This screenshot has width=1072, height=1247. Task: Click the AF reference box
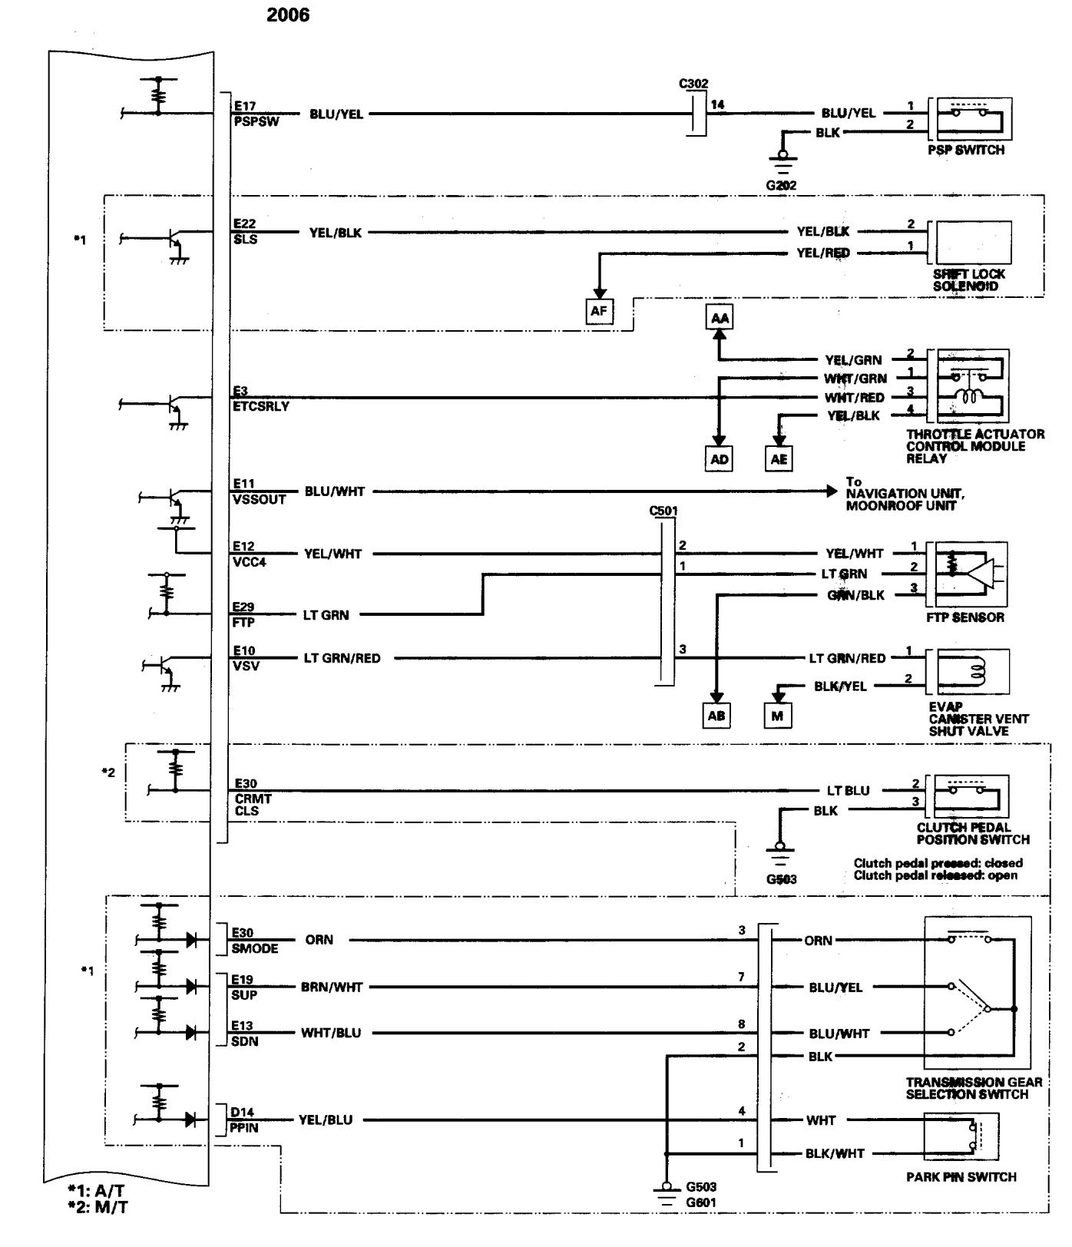click(x=599, y=313)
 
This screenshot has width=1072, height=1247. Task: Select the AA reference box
click(x=720, y=317)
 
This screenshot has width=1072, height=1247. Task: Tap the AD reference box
click(x=720, y=459)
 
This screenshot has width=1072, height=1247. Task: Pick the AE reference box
click(x=779, y=459)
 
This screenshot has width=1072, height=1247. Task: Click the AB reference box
click(x=716, y=715)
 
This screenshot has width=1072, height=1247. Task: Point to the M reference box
click(x=777, y=715)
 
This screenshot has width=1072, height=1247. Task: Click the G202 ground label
click(x=781, y=185)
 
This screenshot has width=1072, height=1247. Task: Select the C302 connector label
click(x=694, y=84)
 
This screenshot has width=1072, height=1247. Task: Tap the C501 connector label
click(x=663, y=511)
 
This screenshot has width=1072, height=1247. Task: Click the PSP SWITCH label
click(x=965, y=150)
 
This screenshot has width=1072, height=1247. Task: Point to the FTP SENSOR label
click(x=965, y=617)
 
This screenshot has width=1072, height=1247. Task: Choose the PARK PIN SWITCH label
click(x=961, y=1177)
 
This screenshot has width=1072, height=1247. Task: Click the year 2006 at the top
click(x=288, y=15)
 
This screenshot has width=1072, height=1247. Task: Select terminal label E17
click(x=244, y=108)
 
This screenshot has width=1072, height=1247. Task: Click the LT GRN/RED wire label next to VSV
click(x=342, y=658)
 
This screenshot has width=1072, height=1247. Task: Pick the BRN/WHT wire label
click(x=332, y=987)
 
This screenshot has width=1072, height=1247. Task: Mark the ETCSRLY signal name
click(x=260, y=406)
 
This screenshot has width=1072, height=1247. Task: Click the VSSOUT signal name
click(x=259, y=499)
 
